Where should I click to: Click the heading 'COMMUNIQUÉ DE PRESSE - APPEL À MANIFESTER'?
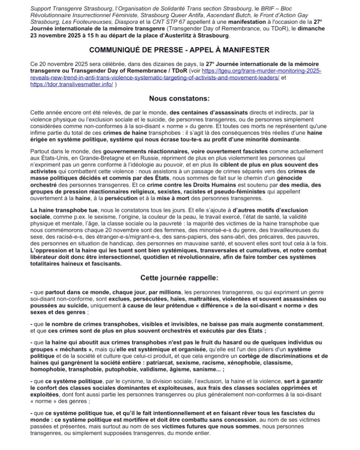tap(179, 50)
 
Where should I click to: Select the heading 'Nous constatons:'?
tap(179, 98)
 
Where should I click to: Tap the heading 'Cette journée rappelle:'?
tap(179, 278)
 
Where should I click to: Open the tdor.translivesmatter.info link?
tap(72, 84)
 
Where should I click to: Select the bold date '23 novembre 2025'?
tap(54, 35)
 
